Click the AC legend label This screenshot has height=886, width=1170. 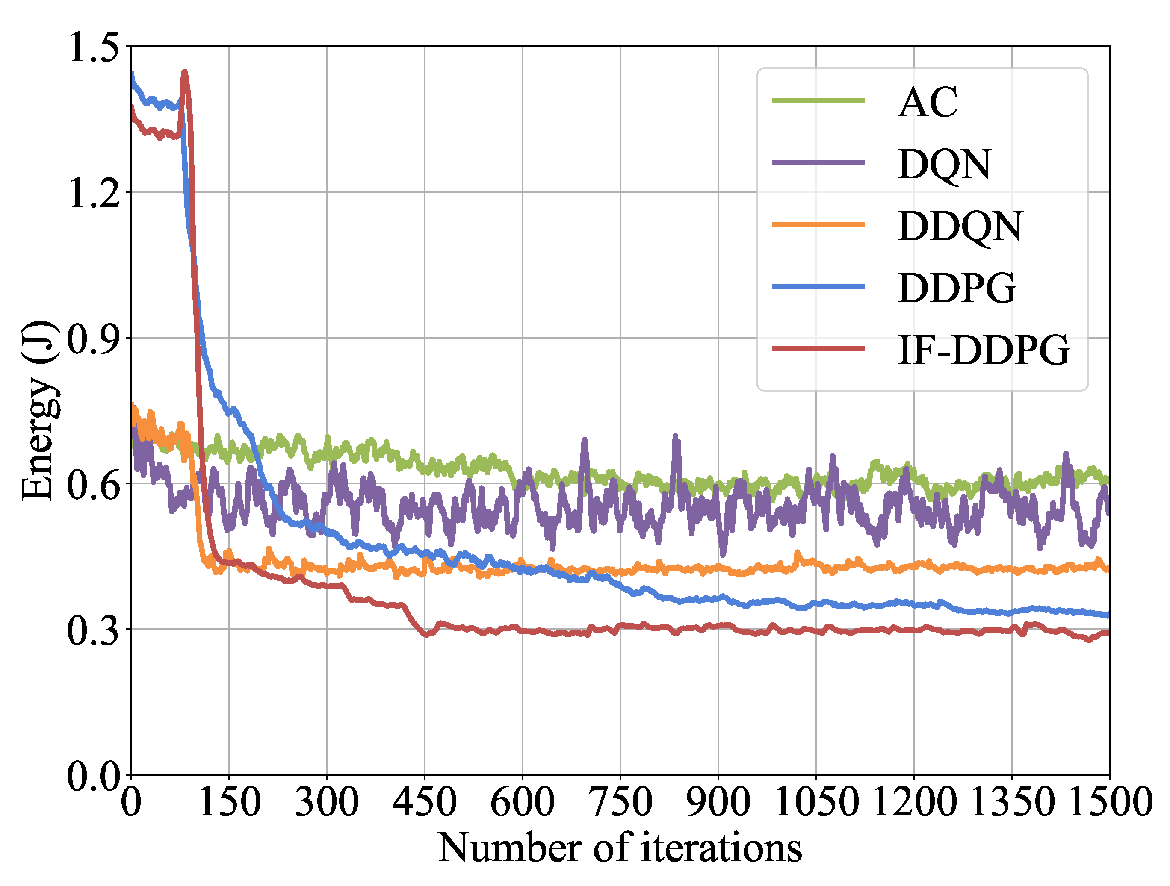click(928, 102)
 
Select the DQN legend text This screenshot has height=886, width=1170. click(944, 165)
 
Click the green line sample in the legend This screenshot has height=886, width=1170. click(818, 100)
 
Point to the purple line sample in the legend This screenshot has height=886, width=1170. click(818, 163)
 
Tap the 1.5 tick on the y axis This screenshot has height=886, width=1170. click(92, 47)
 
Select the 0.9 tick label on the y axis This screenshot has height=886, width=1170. click(92, 339)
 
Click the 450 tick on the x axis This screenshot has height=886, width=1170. click(424, 802)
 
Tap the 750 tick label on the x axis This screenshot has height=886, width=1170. click(620, 802)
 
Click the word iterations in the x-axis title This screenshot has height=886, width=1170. click(721, 849)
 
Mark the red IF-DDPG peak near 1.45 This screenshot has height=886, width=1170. click(185, 72)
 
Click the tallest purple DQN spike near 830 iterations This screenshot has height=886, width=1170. click(676, 437)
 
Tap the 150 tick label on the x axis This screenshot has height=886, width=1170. click(229, 802)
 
